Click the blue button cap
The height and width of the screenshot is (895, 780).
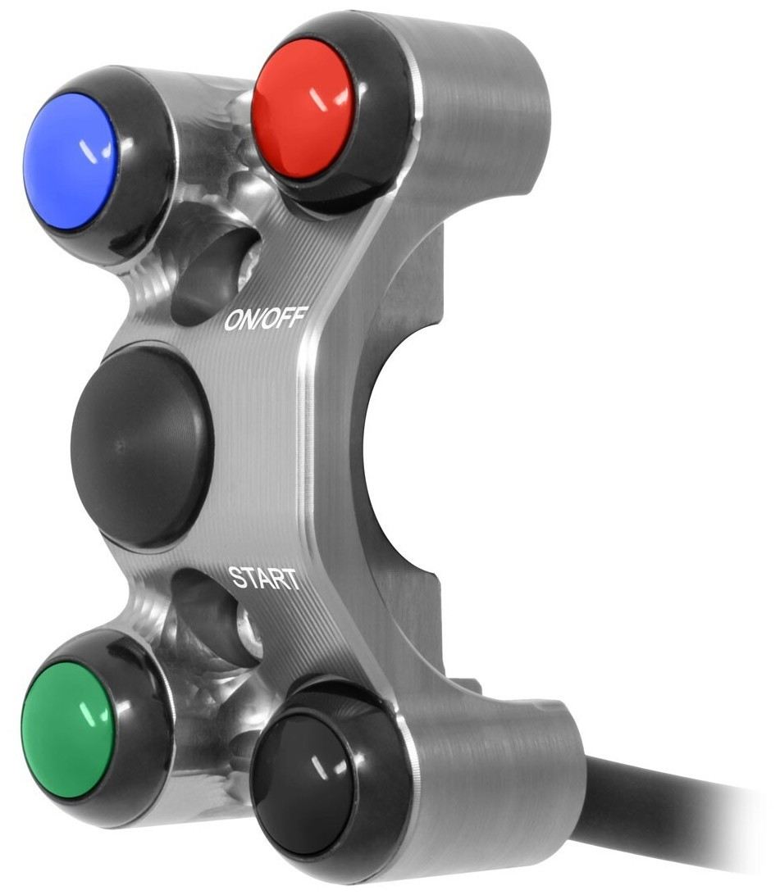[71, 161]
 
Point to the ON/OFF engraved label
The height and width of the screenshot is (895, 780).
[267, 318]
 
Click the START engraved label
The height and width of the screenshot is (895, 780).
[263, 578]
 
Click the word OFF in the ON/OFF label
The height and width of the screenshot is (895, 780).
[289, 317]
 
